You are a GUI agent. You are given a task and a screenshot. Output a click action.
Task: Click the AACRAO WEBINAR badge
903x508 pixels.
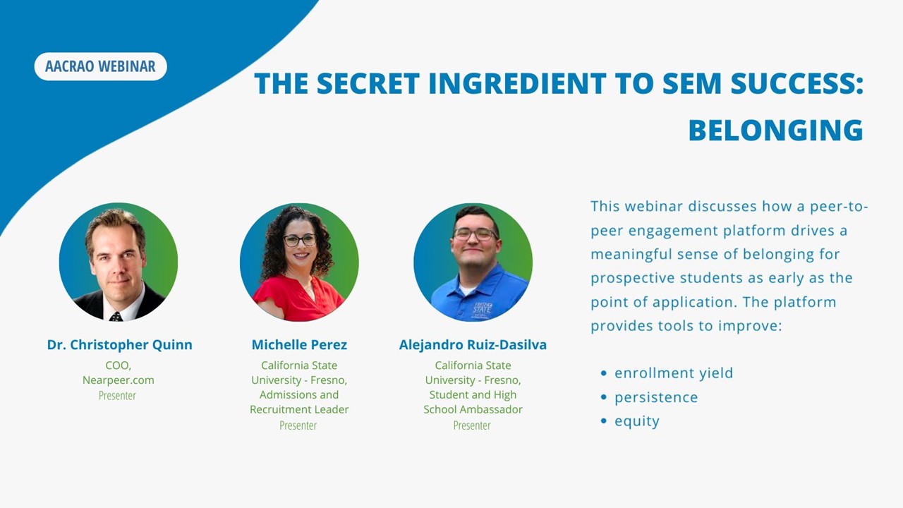(x=100, y=66)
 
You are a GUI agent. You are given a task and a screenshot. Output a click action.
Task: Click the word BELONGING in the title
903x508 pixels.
(x=775, y=131)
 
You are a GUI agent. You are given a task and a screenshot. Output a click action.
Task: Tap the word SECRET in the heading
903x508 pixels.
(x=368, y=83)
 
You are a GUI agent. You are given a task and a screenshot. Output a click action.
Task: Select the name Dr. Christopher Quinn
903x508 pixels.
(x=120, y=345)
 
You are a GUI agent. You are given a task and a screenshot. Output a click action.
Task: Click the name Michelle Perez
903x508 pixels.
(x=299, y=345)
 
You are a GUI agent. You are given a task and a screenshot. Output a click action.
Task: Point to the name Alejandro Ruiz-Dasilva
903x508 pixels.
(x=473, y=345)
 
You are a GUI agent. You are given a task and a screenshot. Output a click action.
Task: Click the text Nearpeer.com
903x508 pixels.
(x=118, y=380)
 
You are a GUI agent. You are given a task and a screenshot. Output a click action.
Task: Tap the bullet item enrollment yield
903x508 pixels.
(x=674, y=373)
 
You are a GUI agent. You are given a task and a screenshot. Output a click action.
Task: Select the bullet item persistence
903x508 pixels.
(x=656, y=397)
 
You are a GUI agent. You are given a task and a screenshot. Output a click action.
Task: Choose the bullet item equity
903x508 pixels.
(x=637, y=421)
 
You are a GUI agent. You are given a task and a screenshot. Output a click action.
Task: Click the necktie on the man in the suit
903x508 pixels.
(x=116, y=317)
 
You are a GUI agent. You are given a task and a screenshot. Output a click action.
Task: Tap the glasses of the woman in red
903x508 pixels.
(x=300, y=241)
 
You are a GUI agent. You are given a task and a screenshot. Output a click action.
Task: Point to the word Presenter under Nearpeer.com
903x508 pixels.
(x=117, y=396)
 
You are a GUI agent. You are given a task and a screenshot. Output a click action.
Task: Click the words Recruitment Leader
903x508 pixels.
(x=299, y=410)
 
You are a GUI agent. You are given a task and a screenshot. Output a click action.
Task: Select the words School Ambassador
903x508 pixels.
(x=473, y=410)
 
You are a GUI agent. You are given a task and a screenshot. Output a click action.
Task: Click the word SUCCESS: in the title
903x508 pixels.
(x=797, y=83)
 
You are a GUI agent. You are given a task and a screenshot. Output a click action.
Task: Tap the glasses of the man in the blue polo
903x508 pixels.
(x=475, y=234)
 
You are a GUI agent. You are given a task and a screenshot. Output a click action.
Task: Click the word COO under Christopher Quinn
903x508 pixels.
(x=118, y=365)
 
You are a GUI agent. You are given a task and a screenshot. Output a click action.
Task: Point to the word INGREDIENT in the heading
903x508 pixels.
(x=518, y=83)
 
